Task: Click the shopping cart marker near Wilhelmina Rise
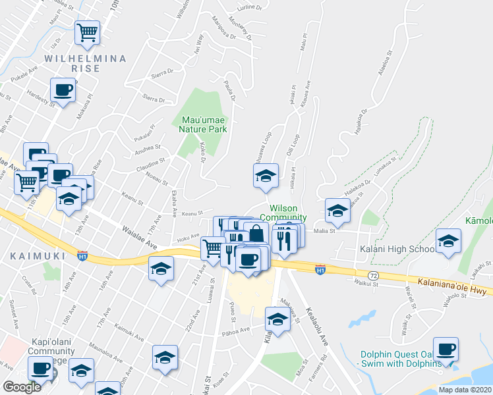[x=88, y=32]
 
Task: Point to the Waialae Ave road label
[x=138, y=237]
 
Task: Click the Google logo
[x=22, y=387]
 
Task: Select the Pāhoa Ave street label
[x=236, y=330]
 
